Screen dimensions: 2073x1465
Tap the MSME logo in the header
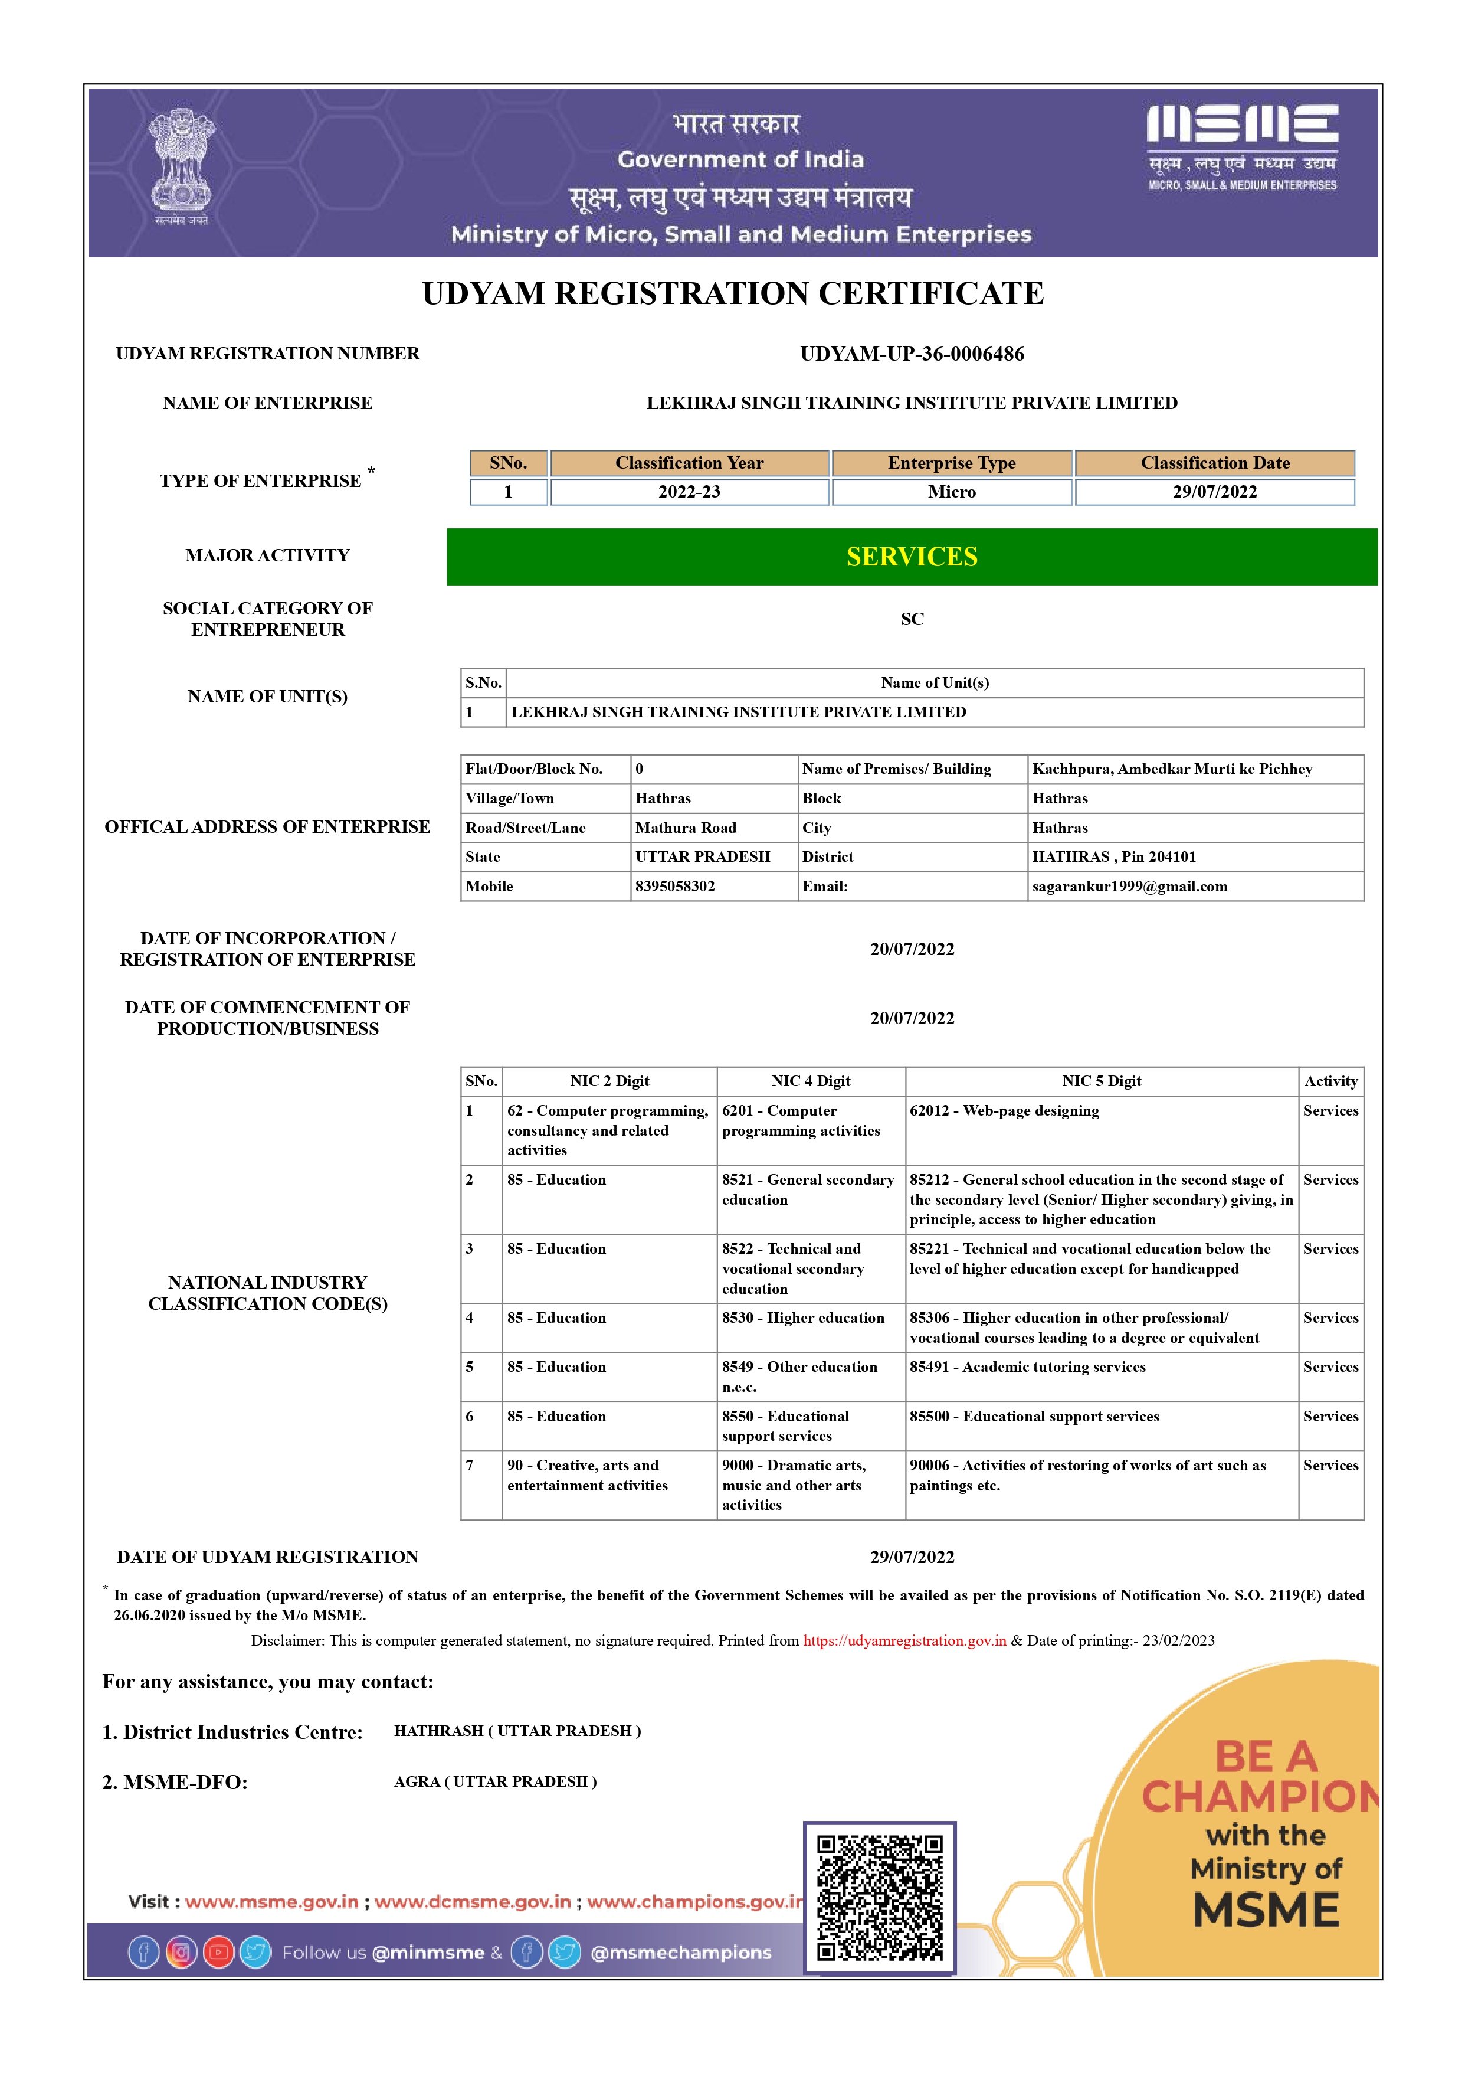(x=1242, y=147)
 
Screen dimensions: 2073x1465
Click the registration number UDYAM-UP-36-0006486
(x=912, y=354)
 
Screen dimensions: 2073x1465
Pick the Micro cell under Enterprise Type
(x=951, y=492)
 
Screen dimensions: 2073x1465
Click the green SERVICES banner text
(x=912, y=557)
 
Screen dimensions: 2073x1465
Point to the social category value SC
(x=912, y=619)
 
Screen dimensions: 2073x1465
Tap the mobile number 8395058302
(x=675, y=887)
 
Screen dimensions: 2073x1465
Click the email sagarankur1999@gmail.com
(x=1129, y=887)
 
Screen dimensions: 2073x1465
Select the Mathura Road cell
(x=686, y=828)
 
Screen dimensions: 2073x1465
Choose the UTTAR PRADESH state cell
(x=702, y=857)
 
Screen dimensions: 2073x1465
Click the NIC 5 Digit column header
(x=1101, y=1081)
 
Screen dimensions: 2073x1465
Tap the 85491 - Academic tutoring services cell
(x=1027, y=1367)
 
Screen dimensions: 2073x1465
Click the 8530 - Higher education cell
(x=802, y=1318)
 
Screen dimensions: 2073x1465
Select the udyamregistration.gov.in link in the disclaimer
(x=904, y=1640)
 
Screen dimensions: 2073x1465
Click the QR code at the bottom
(x=879, y=1898)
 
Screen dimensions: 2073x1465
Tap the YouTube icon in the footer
(x=218, y=1953)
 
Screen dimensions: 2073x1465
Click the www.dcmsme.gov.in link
(x=473, y=1902)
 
